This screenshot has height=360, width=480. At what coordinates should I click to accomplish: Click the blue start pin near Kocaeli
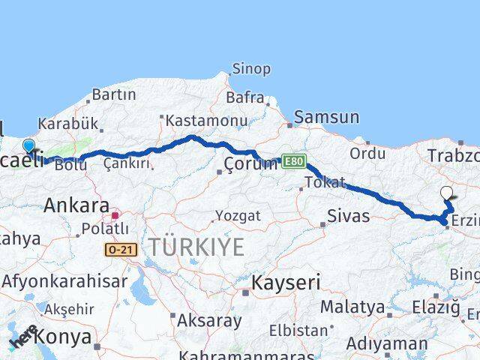point(28,145)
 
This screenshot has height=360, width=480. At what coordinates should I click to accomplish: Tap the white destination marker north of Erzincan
point(447,192)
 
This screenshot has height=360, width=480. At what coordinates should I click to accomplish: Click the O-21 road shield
point(121,249)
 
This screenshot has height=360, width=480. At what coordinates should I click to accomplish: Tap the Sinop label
point(251,69)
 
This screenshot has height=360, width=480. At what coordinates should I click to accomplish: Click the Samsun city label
point(326,117)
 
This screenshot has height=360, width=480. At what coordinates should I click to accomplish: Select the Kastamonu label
point(206,121)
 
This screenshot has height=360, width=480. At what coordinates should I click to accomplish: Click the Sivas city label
point(349,216)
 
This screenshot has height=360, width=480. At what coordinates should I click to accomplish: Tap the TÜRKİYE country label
point(196,246)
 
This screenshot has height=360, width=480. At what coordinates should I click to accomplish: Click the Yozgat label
point(238,216)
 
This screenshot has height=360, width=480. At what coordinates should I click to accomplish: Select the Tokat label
point(325,182)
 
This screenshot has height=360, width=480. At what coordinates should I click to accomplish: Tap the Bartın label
point(114,95)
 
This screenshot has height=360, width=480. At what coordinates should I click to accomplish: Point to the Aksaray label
point(209,321)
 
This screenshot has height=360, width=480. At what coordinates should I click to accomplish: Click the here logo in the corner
point(24,337)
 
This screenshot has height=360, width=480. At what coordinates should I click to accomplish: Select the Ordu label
point(367,153)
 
